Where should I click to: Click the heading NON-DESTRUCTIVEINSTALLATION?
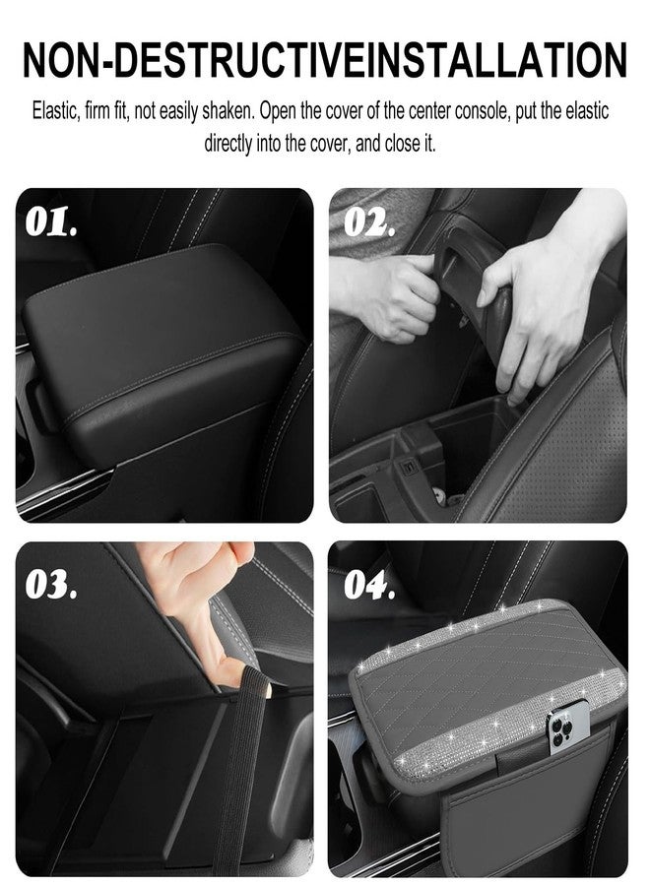click(324, 60)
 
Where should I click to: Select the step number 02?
click(369, 223)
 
